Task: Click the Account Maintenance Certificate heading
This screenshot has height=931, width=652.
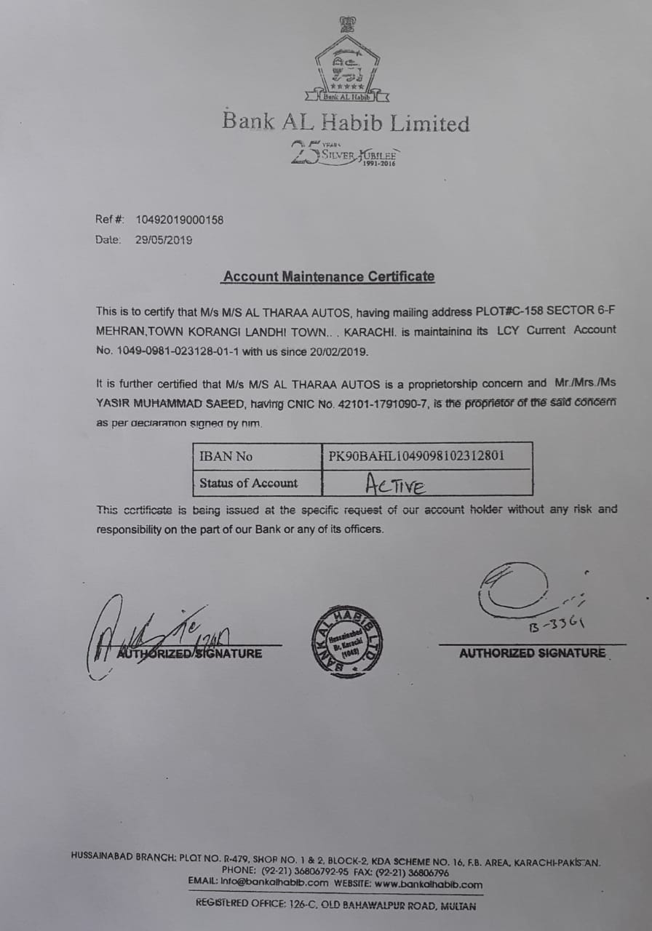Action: point(329,276)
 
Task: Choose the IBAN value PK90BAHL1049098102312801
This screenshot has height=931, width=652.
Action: point(417,457)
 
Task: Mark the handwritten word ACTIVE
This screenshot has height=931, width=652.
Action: point(396,484)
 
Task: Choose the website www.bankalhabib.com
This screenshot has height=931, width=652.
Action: point(429,884)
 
